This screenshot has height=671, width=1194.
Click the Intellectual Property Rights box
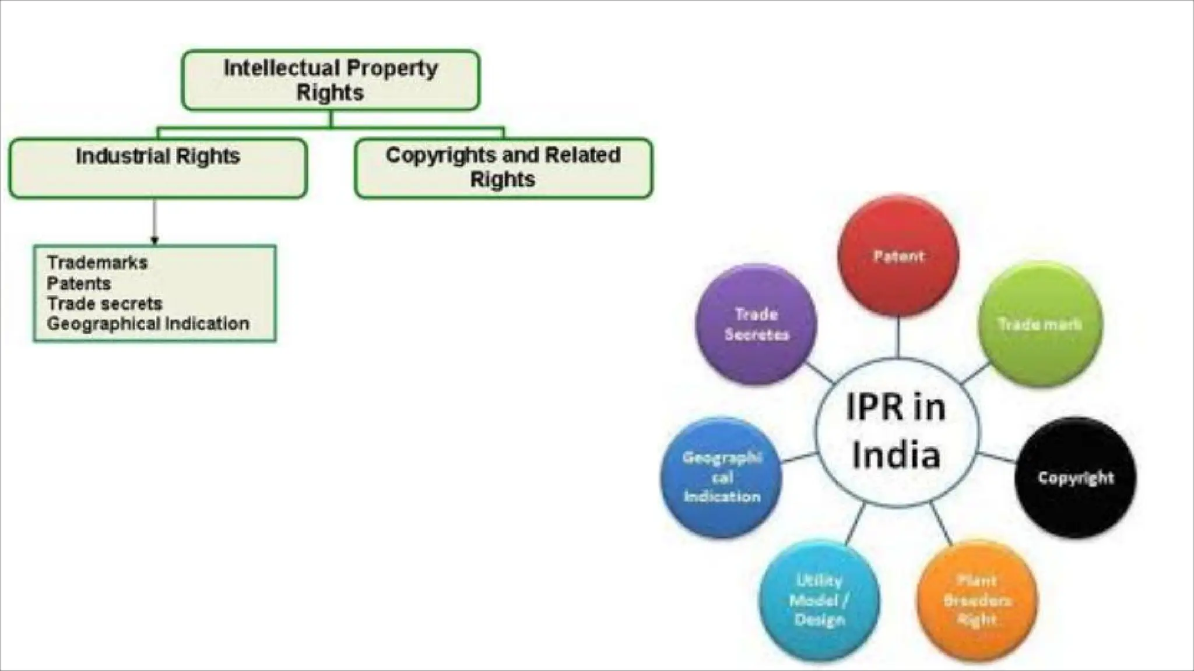tap(331, 80)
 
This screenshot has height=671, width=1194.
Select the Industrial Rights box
tap(157, 168)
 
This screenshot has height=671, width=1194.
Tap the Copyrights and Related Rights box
tap(503, 168)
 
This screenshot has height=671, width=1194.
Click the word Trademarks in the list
tap(97, 263)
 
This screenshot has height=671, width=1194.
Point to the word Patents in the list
tap(79, 284)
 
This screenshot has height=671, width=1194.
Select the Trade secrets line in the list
tap(105, 303)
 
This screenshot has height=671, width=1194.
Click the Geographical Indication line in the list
tap(148, 324)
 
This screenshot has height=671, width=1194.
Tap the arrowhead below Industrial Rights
tap(154, 240)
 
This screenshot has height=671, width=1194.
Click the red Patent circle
tap(898, 256)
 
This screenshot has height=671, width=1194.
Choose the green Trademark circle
tap(1040, 324)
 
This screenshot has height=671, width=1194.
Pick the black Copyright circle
tap(1076, 478)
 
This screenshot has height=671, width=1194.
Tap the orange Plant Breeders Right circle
tap(977, 600)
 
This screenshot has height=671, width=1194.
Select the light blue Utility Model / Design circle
tap(819, 600)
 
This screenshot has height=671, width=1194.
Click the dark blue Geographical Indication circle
tap(722, 478)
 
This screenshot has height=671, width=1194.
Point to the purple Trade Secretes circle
tap(756, 324)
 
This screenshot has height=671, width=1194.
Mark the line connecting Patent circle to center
tap(898, 338)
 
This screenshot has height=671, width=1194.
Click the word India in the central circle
tap(896, 455)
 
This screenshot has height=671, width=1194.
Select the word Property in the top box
tap(396, 68)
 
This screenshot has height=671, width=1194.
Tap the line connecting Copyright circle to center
tap(997, 458)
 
